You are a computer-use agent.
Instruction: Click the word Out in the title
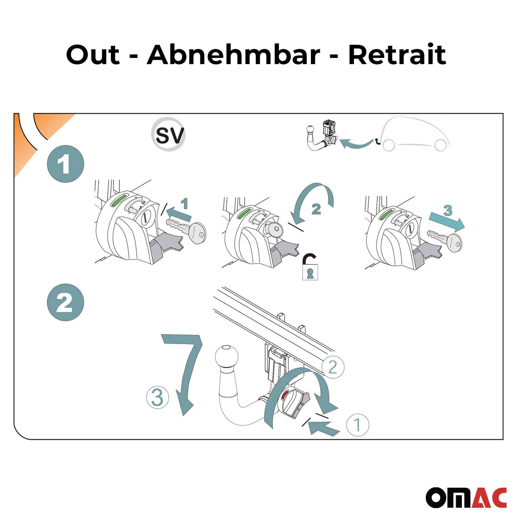[93, 55]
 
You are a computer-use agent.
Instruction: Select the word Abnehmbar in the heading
[233, 55]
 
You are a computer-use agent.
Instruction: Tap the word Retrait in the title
[397, 55]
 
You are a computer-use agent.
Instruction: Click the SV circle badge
[168, 135]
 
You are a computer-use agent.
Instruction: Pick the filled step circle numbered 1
[65, 164]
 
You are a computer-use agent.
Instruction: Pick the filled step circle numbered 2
[65, 302]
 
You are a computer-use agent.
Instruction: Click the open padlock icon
[310, 267]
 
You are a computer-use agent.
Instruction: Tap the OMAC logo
[466, 497]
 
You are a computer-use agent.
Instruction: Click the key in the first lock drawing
[188, 230]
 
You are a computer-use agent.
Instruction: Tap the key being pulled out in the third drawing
[446, 240]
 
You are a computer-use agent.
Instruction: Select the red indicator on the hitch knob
[284, 395]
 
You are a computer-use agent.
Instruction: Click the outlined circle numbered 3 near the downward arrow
[157, 397]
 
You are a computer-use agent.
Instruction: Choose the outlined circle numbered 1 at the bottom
[357, 425]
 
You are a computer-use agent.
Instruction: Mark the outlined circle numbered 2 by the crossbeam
[332, 367]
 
